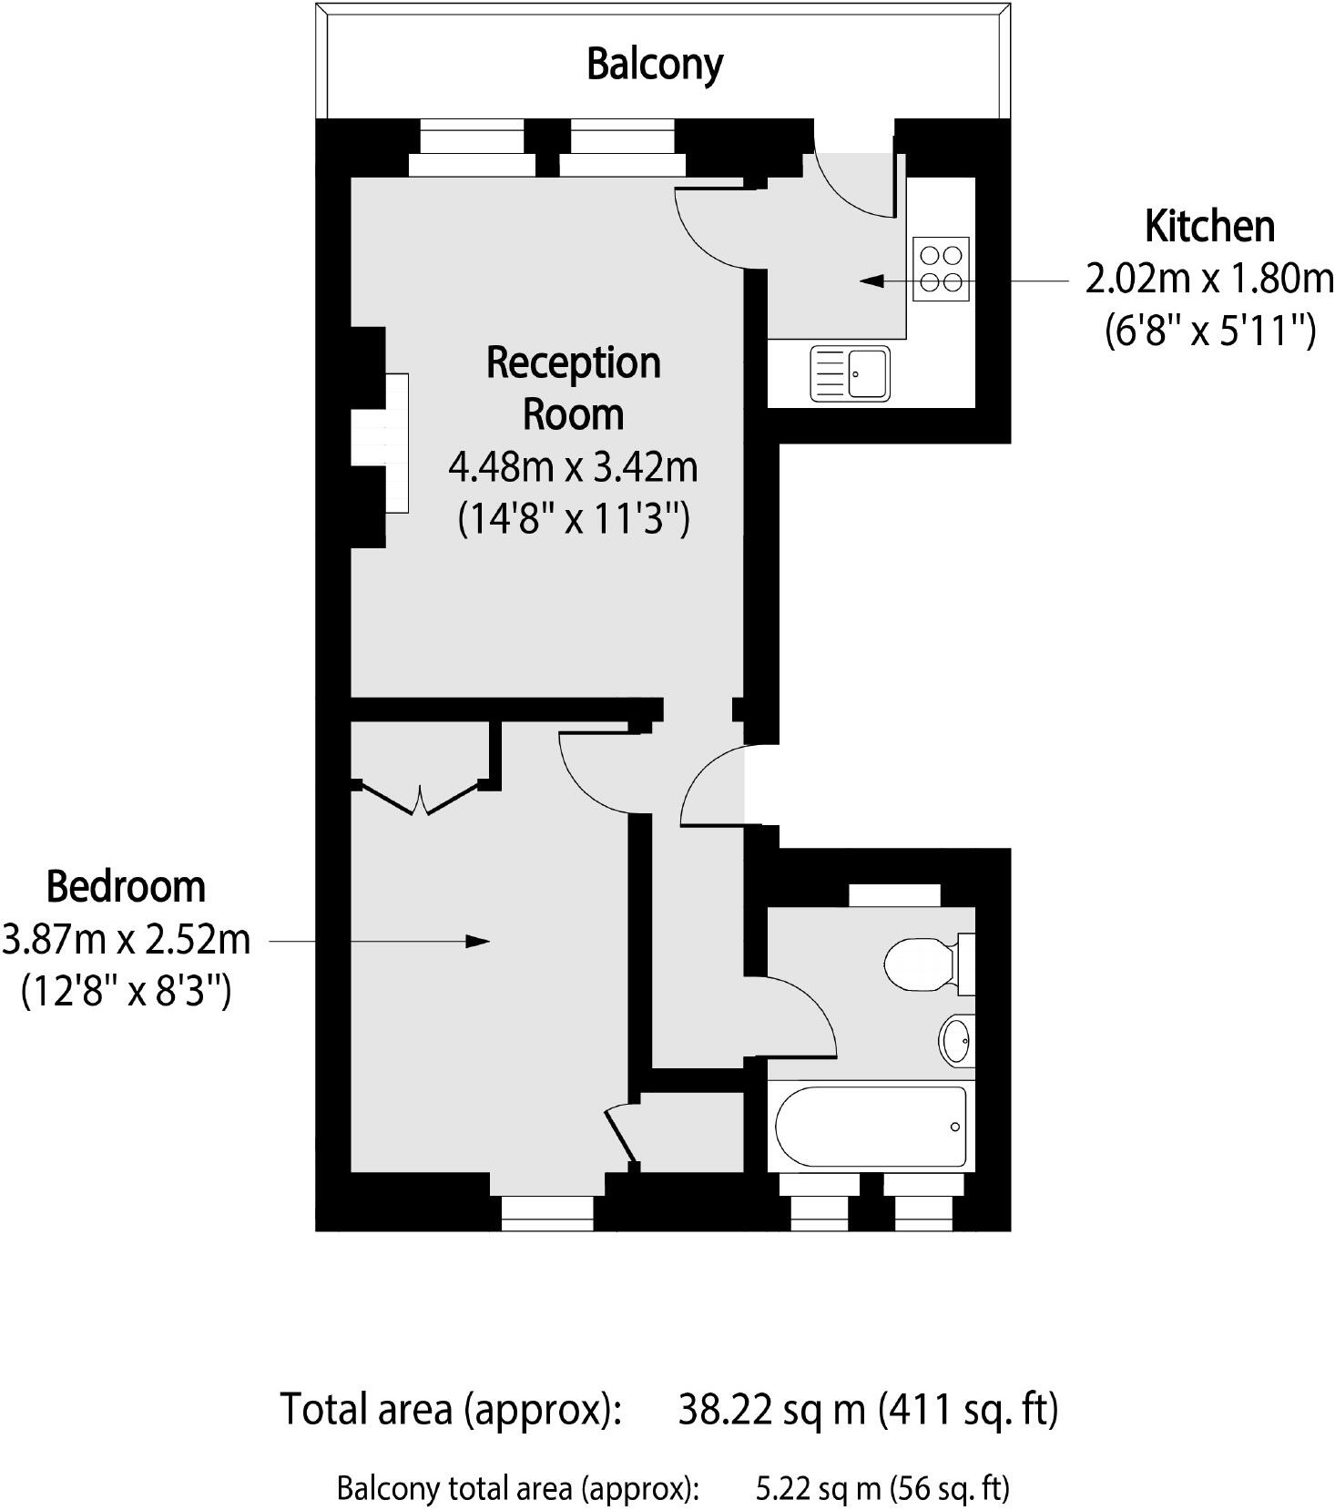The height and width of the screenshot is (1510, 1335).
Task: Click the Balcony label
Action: click(x=654, y=64)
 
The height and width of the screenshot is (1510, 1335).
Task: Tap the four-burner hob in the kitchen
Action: click(x=942, y=269)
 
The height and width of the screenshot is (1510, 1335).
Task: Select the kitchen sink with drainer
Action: click(x=851, y=373)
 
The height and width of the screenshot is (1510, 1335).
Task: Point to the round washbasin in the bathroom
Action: click(x=956, y=1040)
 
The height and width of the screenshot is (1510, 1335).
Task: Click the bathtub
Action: click(x=870, y=1126)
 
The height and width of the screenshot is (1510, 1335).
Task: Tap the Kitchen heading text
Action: click(x=1209, y=226)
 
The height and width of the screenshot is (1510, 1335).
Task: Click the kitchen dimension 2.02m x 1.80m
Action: click(x=1209, y=278)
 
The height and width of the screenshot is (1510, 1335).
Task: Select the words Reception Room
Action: click(x=573, y=388)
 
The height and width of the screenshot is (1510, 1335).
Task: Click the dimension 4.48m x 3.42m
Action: click(x=573, y=467)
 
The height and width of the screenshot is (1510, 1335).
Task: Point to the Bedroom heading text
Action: click(x=126, y=886)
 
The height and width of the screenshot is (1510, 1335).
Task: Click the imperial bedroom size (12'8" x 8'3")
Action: click(x=126, y=990)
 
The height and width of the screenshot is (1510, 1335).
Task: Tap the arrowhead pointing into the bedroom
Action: click(x=477, y=941)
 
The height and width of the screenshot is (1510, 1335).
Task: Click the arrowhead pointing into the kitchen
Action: click(x=872, y=281)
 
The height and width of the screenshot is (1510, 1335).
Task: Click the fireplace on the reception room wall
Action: click(x=396, y=443)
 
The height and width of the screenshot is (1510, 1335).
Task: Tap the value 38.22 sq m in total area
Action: click(x=771, y=1409)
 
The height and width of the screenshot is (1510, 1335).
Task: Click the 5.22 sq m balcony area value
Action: click(x=818, y=1488)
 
